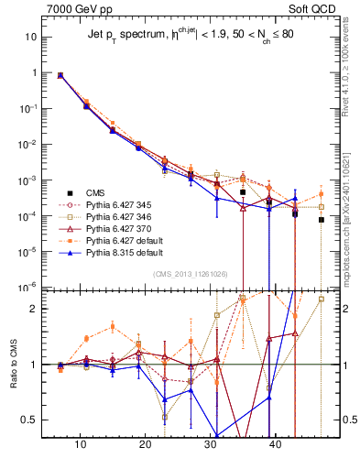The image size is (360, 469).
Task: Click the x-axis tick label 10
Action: tap(81, 445)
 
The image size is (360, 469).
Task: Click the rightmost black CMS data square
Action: tap(322, 220)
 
